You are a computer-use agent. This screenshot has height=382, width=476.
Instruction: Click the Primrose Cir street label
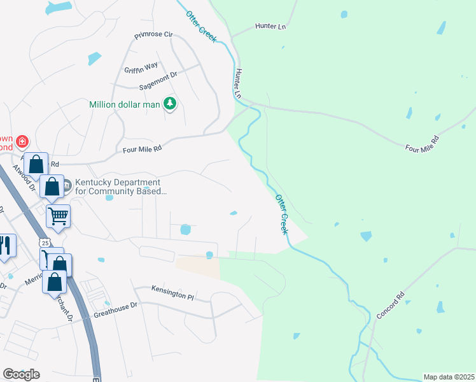coord(153,35)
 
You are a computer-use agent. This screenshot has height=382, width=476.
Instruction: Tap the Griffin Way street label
coord(141,65)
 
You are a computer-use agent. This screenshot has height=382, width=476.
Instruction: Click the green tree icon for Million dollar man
coord(169,103)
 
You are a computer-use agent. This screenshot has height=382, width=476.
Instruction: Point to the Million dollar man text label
coord(124,104)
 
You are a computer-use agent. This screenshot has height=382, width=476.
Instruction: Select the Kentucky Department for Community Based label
coord(121,186)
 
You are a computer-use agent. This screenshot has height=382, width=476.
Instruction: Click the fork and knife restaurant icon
coord(5,246)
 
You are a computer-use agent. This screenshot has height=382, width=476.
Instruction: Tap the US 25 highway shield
coord(43,243)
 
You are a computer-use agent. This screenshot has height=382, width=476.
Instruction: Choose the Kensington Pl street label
coord(172,292)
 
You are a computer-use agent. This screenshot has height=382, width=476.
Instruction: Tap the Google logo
coord(21,374)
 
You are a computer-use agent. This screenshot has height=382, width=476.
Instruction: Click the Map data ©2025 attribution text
coord(449,377)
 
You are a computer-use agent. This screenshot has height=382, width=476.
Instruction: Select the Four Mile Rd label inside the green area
coord(422,143)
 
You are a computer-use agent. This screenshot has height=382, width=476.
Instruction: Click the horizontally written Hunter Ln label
coord(270,26)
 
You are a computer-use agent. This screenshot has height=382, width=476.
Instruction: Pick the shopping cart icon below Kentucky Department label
coord(58,216)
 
